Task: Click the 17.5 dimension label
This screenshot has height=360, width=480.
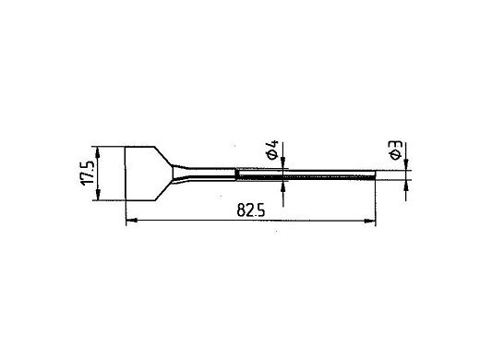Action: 87,173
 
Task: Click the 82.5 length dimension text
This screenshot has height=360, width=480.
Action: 251,210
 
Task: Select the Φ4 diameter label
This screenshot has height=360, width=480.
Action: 272,150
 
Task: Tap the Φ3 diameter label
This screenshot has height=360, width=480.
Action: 396,150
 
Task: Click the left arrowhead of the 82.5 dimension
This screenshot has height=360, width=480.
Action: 131,221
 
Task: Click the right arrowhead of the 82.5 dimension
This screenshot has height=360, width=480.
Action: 370,221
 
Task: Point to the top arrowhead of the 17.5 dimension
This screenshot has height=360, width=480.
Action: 98,152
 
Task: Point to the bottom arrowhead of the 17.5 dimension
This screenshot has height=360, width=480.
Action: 98,195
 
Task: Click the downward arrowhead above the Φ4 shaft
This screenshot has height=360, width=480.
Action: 283,163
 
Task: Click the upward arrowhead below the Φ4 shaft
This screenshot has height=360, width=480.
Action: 283,186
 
